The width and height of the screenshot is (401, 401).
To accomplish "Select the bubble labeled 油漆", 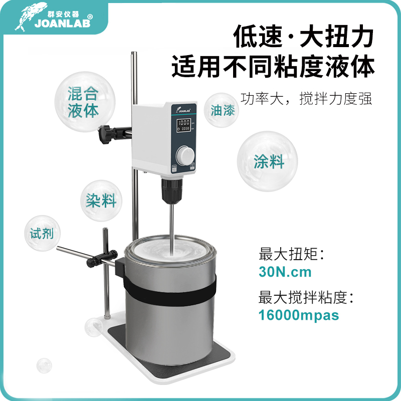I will point(223,110).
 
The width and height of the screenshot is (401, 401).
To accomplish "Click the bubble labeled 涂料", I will point(268,161).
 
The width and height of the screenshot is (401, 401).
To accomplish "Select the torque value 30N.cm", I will point(285,273).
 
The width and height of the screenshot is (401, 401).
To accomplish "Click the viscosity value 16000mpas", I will point(299,315).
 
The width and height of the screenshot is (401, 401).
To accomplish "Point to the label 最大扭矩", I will point(292,254).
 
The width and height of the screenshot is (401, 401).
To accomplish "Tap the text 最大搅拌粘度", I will point(306,297).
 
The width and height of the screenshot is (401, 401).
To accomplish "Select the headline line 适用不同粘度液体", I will point(273,66).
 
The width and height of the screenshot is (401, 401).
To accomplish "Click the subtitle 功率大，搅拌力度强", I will point(306,98).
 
